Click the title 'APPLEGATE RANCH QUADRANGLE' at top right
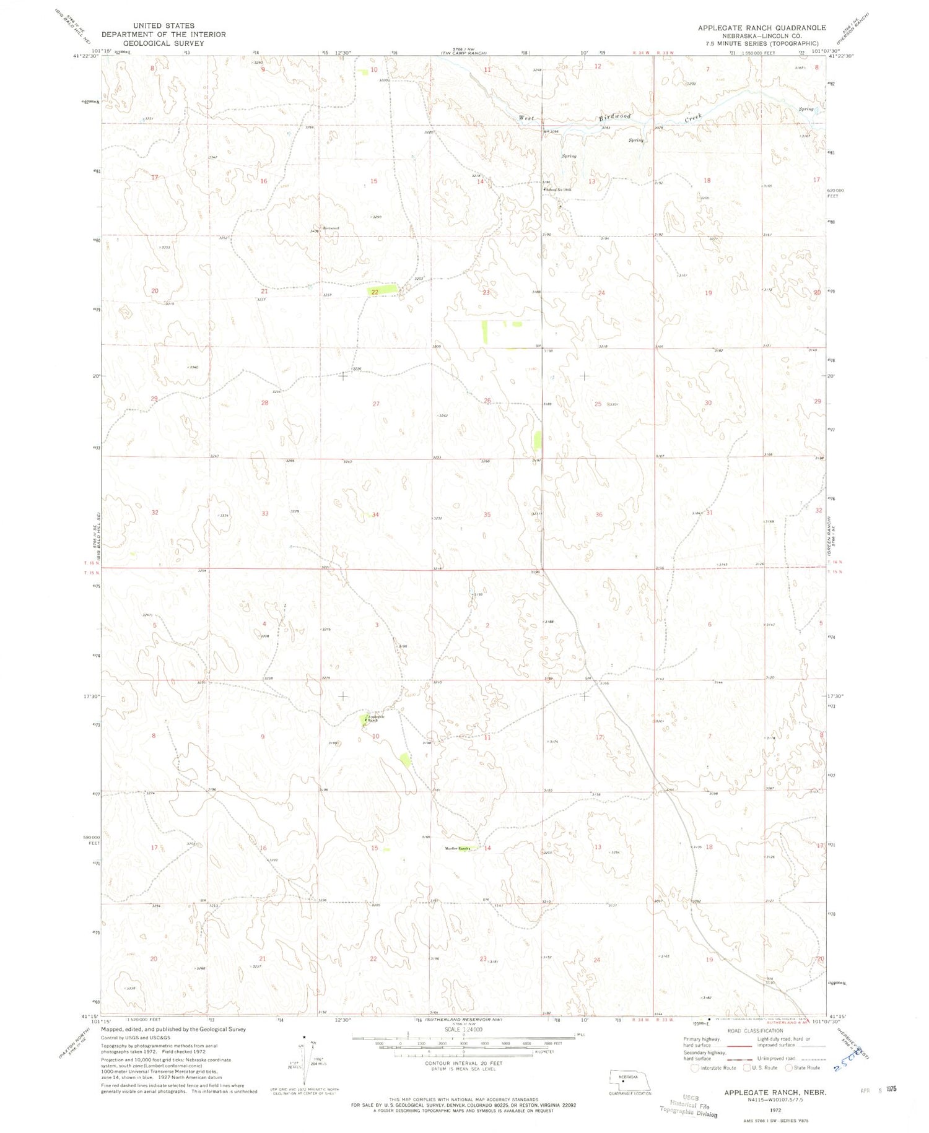(761, 28)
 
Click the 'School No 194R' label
(557, 189)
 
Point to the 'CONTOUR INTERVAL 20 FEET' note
(463, 1063)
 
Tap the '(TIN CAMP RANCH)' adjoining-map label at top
(468, 53)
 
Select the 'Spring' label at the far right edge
(806, 110)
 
